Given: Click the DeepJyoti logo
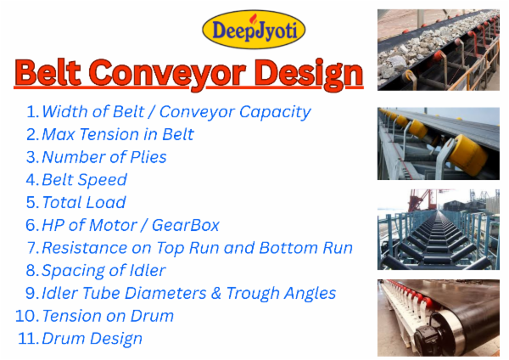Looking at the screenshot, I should point(254,29).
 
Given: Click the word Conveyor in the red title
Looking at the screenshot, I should point(193,74).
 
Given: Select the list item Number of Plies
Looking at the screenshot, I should point(103,157).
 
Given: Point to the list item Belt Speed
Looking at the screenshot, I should point(84,180).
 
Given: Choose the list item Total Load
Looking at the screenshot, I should point(83,202).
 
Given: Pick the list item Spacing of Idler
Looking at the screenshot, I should point(103,270).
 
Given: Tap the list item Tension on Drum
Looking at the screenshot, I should point(107,315).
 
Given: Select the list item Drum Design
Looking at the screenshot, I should point(92,338).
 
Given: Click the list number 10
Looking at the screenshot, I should point(25,315).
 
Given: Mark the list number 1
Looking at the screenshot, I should point(32,111).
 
